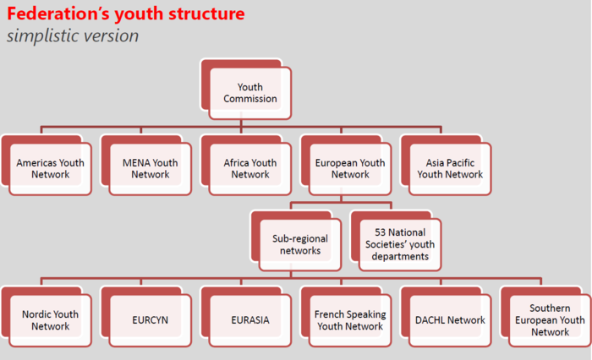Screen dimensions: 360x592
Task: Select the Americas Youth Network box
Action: [51, 168]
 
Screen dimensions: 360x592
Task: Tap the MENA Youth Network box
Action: [151, 168]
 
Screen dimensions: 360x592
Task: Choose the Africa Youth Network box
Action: [250, 168]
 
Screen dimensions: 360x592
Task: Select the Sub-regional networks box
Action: [300, 244]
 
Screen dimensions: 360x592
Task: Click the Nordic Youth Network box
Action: [51, 320]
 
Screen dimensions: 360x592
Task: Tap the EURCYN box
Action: [151, 320]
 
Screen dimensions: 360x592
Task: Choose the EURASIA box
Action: [250, 320]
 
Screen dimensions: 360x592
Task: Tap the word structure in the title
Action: [207, 14]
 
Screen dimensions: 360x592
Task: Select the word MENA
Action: [136, 162]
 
